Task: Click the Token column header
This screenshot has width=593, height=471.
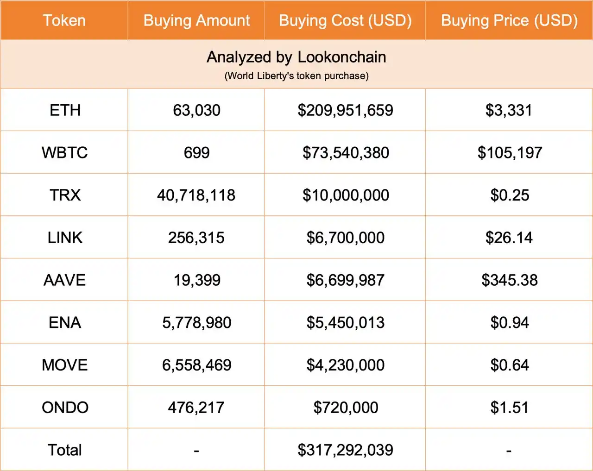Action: point(64,20)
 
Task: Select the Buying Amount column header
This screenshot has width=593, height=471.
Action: point(196,20)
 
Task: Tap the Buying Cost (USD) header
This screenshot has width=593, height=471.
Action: point(345,20)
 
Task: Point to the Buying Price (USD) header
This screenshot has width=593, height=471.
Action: point(509,20)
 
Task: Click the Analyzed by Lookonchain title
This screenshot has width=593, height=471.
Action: point(296,57)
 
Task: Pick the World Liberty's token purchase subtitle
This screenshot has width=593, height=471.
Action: point(296,76)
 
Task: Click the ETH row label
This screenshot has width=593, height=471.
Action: point(65,110)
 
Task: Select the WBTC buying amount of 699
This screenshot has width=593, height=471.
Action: point(196,153)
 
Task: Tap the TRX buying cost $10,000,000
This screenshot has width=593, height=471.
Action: point(346,195)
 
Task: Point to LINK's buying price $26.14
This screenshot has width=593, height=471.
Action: point(509,238)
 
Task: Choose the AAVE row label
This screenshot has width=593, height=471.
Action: point(65,280)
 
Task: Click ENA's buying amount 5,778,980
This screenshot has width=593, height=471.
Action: point(196,323)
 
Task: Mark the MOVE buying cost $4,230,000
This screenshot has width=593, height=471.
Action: point(346,365)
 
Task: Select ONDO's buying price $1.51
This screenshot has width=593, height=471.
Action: point(509,408)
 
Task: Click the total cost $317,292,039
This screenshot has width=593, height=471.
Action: point(346,450)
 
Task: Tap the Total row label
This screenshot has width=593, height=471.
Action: point(65,450)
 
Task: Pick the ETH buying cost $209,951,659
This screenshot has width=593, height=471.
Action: point(346,110)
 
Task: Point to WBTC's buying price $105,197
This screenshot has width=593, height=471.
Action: point(510,153)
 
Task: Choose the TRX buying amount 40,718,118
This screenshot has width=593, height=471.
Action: point(196,195)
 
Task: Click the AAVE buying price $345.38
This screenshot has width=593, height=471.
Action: point(510,280)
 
